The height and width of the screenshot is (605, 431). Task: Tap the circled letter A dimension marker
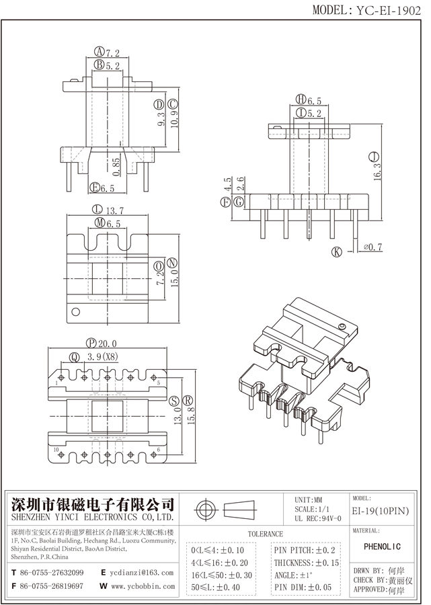99,52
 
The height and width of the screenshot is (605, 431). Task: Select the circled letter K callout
336,251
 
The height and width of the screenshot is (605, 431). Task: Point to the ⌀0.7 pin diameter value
373,247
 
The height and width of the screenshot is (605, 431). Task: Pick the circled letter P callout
89,343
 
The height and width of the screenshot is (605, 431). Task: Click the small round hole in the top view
75,311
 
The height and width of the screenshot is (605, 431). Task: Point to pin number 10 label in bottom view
56,450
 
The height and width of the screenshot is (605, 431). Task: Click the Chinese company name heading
93,504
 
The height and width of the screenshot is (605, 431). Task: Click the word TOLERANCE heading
265,534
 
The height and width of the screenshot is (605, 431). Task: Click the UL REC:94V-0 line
318,518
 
